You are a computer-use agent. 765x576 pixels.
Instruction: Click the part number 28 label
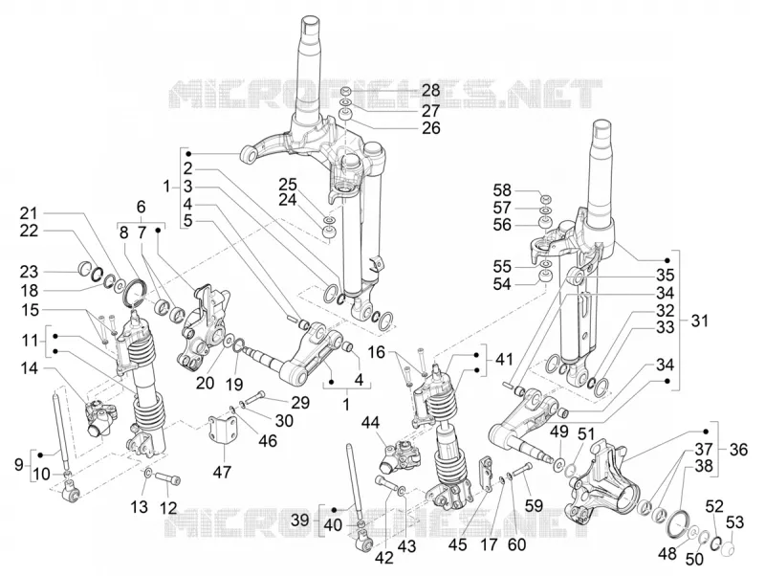click(431, 90)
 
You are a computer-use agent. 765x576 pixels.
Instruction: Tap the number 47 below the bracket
click(222, 472)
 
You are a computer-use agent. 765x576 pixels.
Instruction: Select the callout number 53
click(734, 521)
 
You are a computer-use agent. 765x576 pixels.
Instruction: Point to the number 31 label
click(700, 321)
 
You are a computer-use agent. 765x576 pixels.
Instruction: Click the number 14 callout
click(29, 368)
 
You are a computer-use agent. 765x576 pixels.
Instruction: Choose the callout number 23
click(29, 272)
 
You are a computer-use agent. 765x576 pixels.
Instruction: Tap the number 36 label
click(738, 449)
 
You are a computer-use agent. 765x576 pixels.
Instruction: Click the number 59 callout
click(535, 505)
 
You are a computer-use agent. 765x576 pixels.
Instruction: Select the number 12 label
click(168, 508)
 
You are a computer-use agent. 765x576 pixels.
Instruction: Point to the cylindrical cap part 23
click(86, 269)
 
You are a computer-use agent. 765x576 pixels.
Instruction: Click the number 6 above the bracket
click(141, 207)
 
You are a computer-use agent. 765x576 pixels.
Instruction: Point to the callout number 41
click(504, 360)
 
